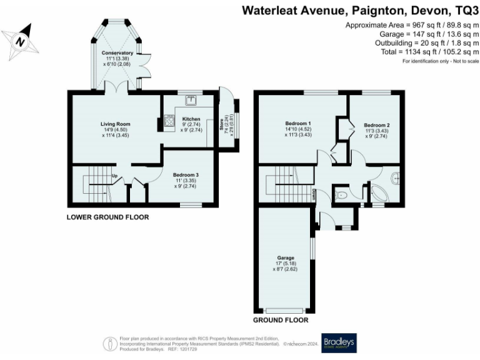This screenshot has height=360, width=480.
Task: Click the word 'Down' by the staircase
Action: (313, 195)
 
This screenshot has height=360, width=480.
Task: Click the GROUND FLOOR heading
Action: (281, 320)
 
